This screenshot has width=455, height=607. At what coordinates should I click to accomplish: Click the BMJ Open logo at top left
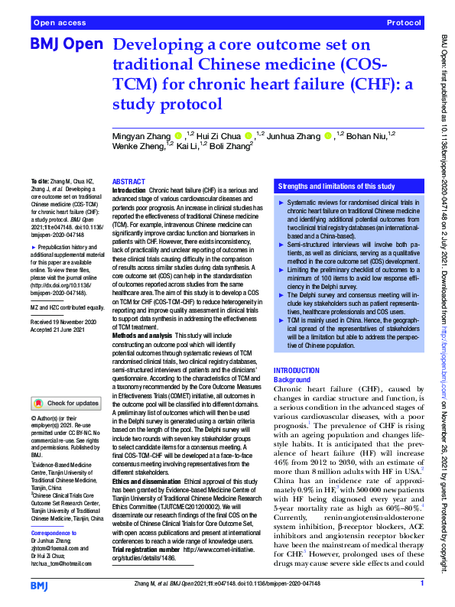(67, 47)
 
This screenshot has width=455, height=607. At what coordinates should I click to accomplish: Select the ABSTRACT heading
(128, 181)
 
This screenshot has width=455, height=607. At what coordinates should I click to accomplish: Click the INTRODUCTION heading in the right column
(297, 370)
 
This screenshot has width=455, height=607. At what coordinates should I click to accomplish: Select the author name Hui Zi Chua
(223, 135)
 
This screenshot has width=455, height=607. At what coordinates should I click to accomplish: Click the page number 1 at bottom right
(421, 584)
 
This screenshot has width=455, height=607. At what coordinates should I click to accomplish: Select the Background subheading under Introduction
(292, 379)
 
